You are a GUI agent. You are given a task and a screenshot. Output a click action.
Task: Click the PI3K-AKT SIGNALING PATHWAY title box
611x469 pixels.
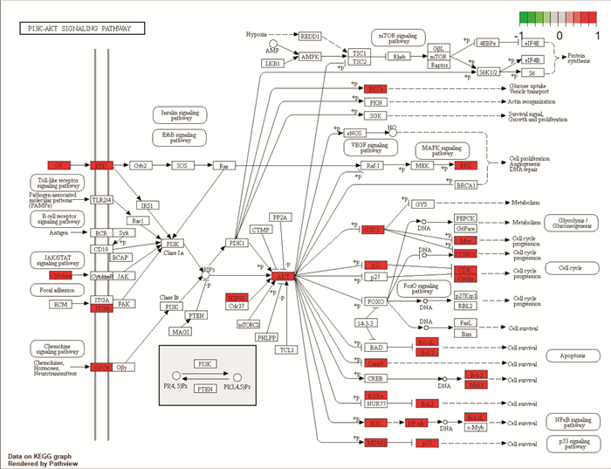tap(77, 28)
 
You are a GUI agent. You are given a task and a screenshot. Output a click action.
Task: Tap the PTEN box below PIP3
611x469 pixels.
tap(196, 314)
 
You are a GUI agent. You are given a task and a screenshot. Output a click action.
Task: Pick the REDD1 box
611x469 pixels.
tap(310, 37)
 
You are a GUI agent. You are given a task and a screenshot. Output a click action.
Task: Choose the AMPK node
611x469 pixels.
tap(310, 56)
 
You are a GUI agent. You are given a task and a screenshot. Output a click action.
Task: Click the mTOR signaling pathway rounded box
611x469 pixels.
tap(397, 38)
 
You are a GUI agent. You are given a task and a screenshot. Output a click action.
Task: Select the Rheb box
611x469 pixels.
tap(401, 56)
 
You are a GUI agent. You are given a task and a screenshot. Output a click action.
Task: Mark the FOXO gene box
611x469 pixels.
tap(374, 302)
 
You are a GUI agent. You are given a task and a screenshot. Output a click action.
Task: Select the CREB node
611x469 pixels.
tap(374, 378)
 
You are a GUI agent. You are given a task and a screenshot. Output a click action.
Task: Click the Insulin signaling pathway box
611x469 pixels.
tap(179, 114)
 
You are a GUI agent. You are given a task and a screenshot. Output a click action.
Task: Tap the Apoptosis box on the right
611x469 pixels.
tap(572, 356)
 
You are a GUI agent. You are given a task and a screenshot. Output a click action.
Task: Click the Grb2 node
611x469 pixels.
tap(141, 165)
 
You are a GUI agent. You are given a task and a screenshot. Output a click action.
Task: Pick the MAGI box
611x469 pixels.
tap(182, 332)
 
